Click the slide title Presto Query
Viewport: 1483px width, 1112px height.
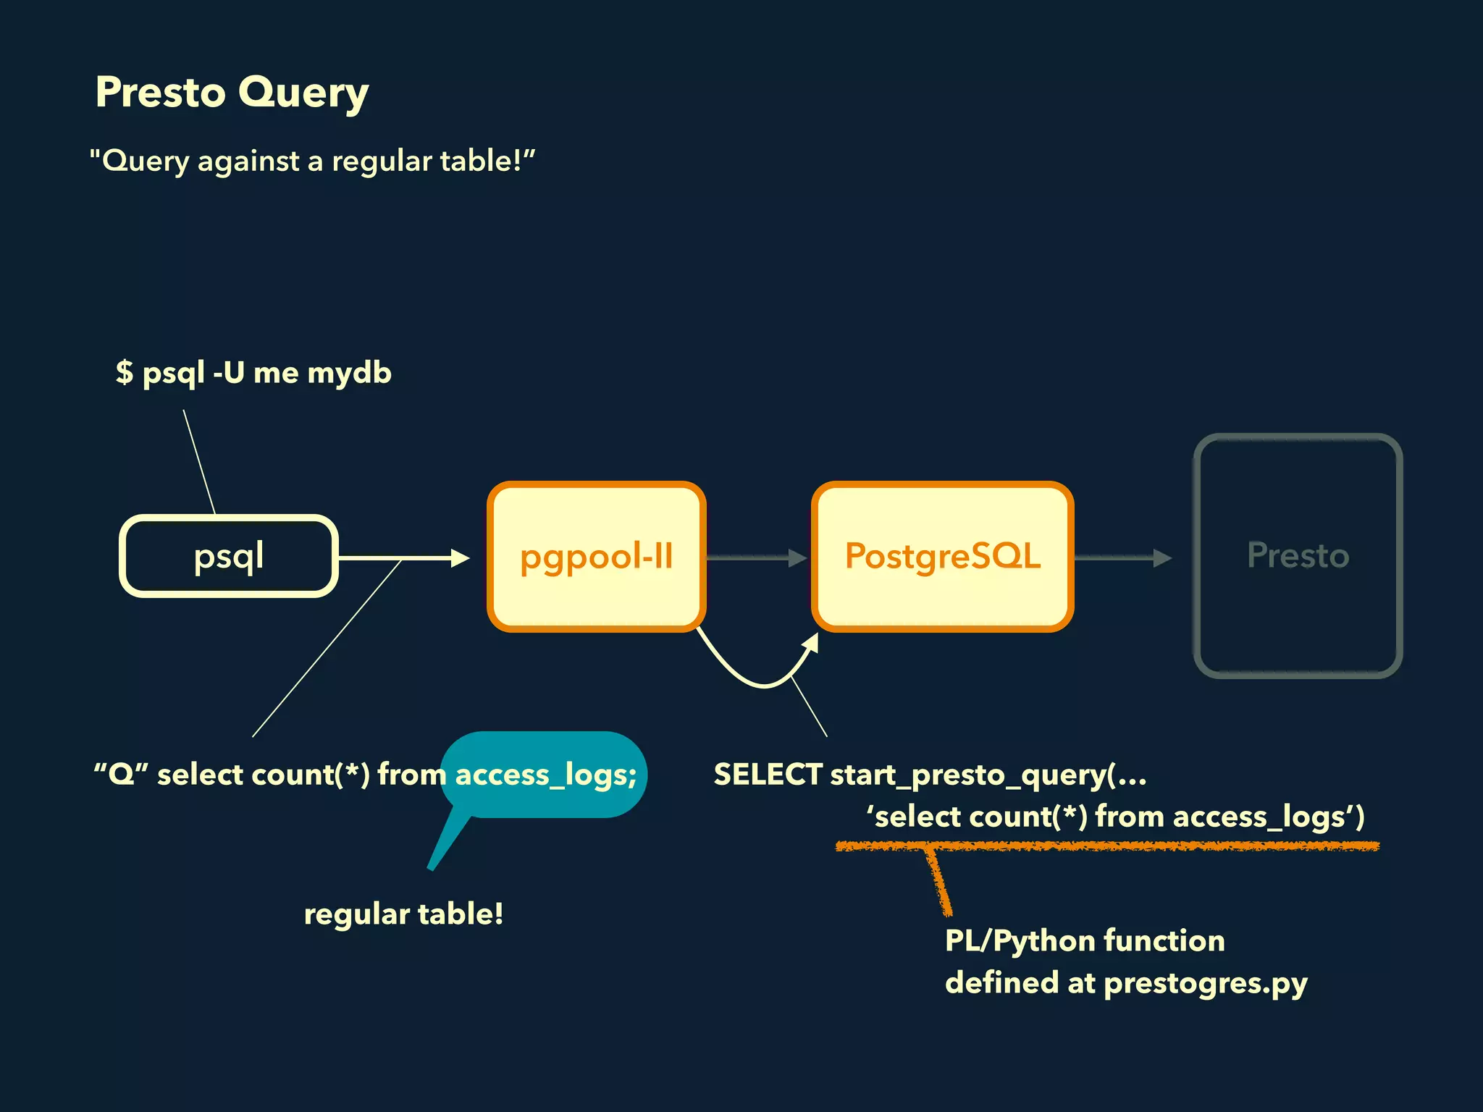(x=232, y=93)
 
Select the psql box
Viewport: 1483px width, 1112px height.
(x=229, y=556)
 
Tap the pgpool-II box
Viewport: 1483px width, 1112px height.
(x=596, y=556)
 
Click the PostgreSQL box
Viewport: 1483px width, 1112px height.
(x=942, y=556)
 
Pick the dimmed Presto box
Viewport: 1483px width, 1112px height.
(x=1298, y=556)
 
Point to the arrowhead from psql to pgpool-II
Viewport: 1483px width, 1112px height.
(x=461, y=557)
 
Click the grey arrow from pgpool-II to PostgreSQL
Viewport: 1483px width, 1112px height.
(x=756, y=557)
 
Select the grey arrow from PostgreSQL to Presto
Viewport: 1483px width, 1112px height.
(x=1122, y=557)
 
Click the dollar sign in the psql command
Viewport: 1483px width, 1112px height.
(x=125, y=373)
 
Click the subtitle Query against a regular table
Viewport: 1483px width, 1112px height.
(x=311, y=161)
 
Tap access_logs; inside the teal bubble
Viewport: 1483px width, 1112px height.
(x=545, y=775)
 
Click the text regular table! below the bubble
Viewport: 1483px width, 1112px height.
(x=403, y=914)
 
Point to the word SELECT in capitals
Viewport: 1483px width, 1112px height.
(x=768, y=775)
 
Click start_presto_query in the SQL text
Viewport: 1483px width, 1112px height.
(x=967, y=775)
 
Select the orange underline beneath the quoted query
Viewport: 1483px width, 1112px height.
(x=1108, y=846)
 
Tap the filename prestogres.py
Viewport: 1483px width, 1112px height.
(x=1206, y=983)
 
